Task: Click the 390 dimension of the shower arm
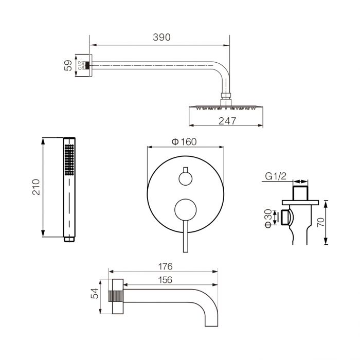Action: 161,37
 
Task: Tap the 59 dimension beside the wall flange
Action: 68,65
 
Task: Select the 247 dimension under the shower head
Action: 227,121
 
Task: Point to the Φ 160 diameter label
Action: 184,141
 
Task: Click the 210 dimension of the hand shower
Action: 36,187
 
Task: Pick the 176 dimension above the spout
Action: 165,266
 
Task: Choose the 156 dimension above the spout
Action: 165,280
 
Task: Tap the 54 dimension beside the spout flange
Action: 95,294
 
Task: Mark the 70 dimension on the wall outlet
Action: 321,222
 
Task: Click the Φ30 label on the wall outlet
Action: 268,219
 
